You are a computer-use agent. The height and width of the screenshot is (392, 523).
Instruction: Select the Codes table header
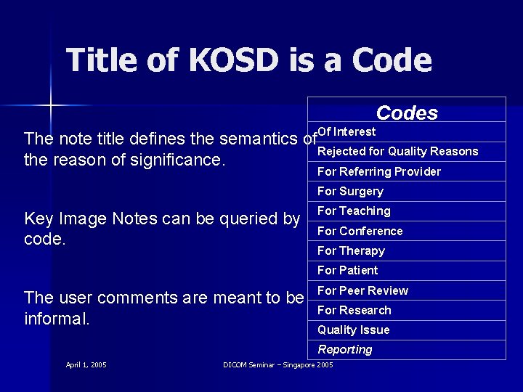click(x=407, y=113)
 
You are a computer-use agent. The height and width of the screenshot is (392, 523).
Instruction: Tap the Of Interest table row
click(x=346, y=132)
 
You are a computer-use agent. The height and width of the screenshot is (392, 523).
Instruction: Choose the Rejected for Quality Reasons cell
click(x=397, y=152)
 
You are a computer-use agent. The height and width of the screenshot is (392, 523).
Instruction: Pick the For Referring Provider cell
click(x=378, y=172)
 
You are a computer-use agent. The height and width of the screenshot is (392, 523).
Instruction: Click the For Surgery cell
click(x=350, y=192)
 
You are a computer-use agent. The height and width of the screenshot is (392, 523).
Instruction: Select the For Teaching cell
click(x=354, y=211)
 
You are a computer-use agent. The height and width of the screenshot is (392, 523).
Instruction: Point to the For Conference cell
click(x=360, y=232)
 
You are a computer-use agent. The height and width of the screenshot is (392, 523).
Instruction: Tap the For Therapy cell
click(x=351, y=251)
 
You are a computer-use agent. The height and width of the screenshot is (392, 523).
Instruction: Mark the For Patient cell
click(x=347, y=271)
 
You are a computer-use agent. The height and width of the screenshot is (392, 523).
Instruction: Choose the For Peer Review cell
click(x=362, y=290)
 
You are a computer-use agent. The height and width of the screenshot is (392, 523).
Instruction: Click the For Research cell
click(x=354, y=311)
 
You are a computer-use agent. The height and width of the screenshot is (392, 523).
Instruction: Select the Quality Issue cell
click(x=353, y=330)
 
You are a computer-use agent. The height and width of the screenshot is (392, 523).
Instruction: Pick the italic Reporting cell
click(x=344, y=350)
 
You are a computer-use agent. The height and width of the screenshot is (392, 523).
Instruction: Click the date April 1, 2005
click(x=86, y=364)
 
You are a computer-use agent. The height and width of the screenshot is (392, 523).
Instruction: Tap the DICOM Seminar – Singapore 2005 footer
click(x=277, y=364)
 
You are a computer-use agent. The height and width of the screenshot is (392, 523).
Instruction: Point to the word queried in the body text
click(x=244, y=219)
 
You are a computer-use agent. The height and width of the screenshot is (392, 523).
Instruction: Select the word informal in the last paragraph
click(x=57, y=318)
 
